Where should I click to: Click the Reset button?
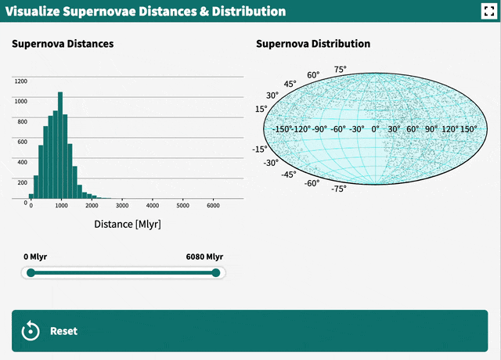pyautogui.click(x=250, y=330)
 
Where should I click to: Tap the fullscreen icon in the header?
pyautogui.click(x=485, y=11)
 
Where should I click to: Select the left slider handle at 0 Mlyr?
pyautogui.click(x=31, y=272)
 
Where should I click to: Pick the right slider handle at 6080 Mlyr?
pyautogui.click(x=216, y=272)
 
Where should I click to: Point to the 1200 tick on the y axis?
pyautogui.click(x=20, y=81)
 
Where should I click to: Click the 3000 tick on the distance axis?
pyautogui.click(x=121, y=206)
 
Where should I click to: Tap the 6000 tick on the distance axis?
pyautogui.click(x=212, y=206)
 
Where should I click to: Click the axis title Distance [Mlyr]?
pyautogui.click(x=128, y=225)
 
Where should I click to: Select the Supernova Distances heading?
pyautogui.click(x=63, y=44)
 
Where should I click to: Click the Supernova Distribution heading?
pyautogui.click(x=313, y=44)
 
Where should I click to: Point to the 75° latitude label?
pyautogui.click(x=341, y=70)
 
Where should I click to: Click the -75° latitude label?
pyautogui.click(x=338, y=189)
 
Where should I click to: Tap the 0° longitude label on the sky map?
pyautogui.click(x=375, y=129)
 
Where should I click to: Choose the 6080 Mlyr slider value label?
pyautogui.click(x=204, y=257)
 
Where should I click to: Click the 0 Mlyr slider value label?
pyautogui.click(x=35, y=257)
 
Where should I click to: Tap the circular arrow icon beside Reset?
pyautogui.click(x=31, y=330)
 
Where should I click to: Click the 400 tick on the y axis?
pyautogui.click(x=22, y=162)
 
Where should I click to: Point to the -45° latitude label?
pyautogui.click(x=288, y=175)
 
